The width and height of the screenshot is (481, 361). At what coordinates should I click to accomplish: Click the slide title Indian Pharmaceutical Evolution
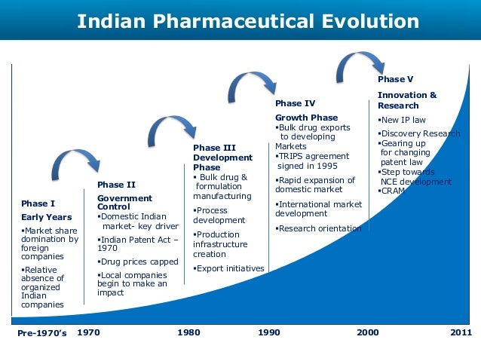point(248,20)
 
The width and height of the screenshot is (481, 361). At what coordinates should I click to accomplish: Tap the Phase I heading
point(38,203)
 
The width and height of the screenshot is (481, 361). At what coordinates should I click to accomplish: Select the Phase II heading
point(116,184)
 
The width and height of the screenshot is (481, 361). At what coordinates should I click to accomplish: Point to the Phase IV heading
point(295,103)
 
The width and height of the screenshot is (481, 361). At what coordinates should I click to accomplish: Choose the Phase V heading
point(395,79)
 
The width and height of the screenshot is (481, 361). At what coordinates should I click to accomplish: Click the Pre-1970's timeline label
point(41,332)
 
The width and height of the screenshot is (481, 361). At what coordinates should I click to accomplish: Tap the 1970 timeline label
point(89,332)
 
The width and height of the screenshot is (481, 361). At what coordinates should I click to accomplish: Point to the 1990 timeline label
point(268,332)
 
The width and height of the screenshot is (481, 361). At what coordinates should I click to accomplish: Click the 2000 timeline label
point(368,332)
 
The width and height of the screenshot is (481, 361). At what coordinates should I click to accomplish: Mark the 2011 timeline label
point(460,332)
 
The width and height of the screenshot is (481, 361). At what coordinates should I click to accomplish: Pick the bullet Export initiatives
point(230,268)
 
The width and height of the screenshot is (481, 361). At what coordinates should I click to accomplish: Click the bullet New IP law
point(403,120)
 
